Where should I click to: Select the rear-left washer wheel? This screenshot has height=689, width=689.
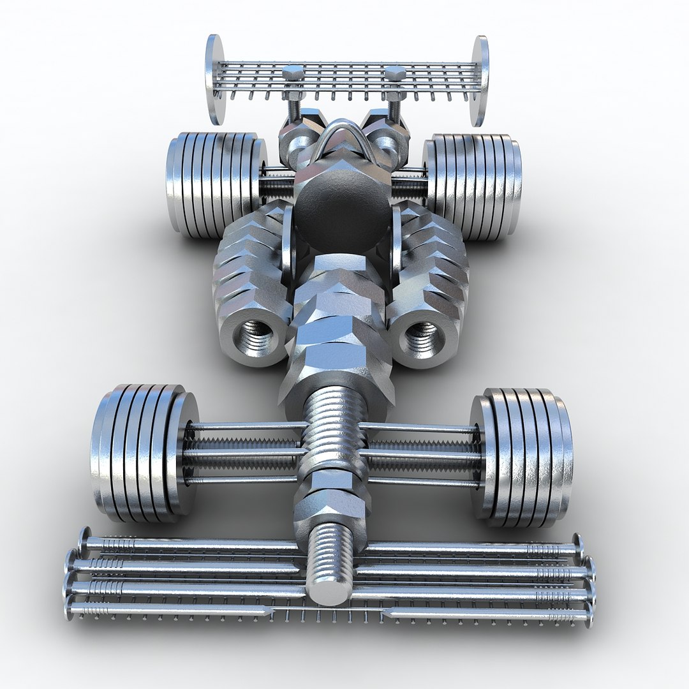[214, 185]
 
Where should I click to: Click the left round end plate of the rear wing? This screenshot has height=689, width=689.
[215, 79]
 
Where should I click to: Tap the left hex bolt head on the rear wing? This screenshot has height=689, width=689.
[293, 71]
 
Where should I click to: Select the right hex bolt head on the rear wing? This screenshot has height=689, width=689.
[395, 71]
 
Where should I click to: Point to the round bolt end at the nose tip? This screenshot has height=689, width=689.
[328, 589]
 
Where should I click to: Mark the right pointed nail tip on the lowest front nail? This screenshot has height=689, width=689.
[385, 613]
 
